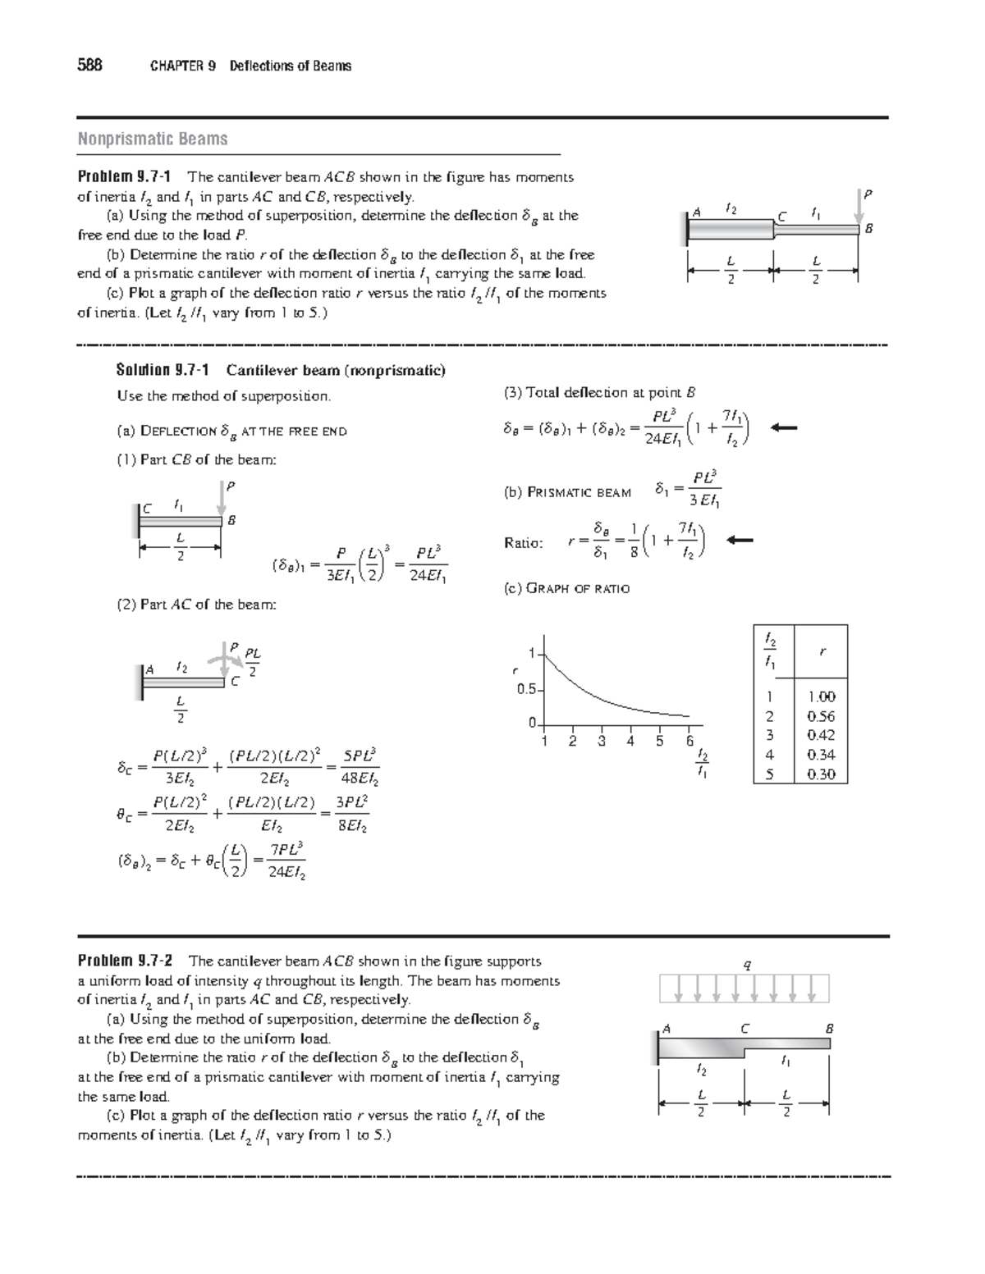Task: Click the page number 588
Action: point(89,66)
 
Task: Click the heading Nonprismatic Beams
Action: point(153,139)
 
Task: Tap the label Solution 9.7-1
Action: point(165,371)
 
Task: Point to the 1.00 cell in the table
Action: point(821,696)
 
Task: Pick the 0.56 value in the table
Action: point(821,716)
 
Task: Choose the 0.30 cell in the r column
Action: point(821,774)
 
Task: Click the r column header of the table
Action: point(821,652)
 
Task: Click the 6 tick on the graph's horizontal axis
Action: point(690,742)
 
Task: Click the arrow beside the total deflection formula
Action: point(784,427)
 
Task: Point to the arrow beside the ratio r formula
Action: point(740,540)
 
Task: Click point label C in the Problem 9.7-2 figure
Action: point(744,1028)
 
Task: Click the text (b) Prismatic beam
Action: point(566,492)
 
